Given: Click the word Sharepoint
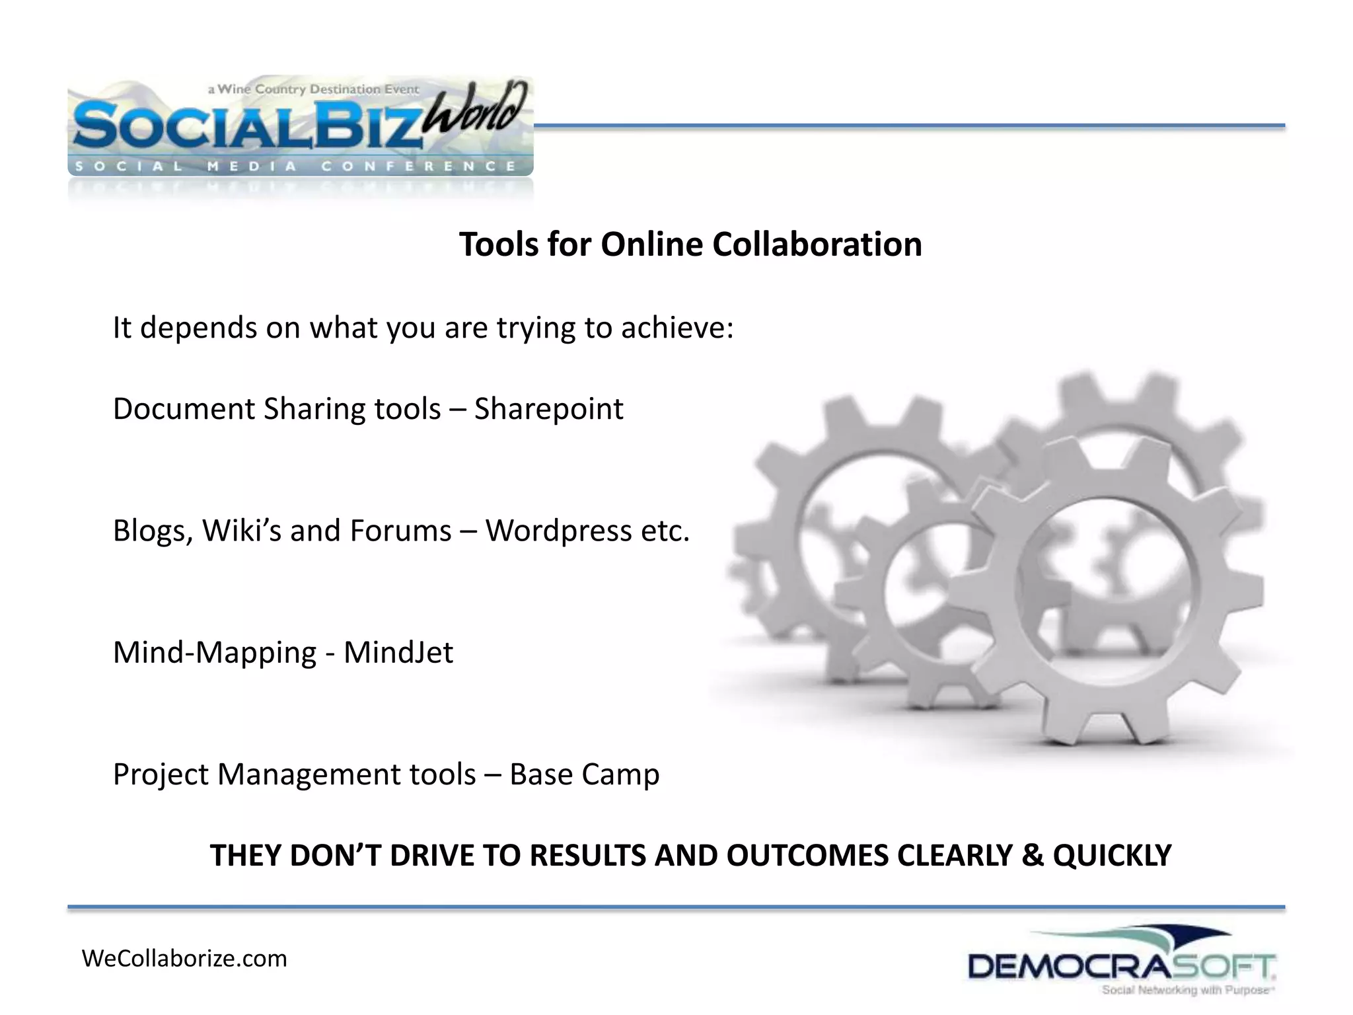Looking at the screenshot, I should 548,409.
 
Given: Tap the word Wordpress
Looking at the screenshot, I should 558,531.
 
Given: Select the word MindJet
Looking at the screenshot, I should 398,653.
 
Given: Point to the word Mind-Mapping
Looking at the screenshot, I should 215,653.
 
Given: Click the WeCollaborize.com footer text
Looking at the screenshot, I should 184,959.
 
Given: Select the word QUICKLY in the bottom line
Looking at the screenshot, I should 1112,855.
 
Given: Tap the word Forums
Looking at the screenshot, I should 400,531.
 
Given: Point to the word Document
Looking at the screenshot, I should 184,409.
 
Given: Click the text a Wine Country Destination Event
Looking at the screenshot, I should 313,89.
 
